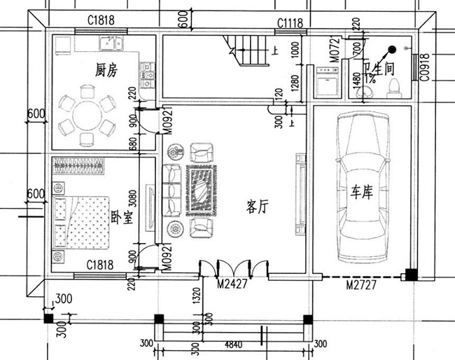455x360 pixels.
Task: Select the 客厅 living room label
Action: click(x=258, y=207)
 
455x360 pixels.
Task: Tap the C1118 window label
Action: click(x=289, y=23)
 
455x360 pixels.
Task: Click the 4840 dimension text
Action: click(x=231, y=345)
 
